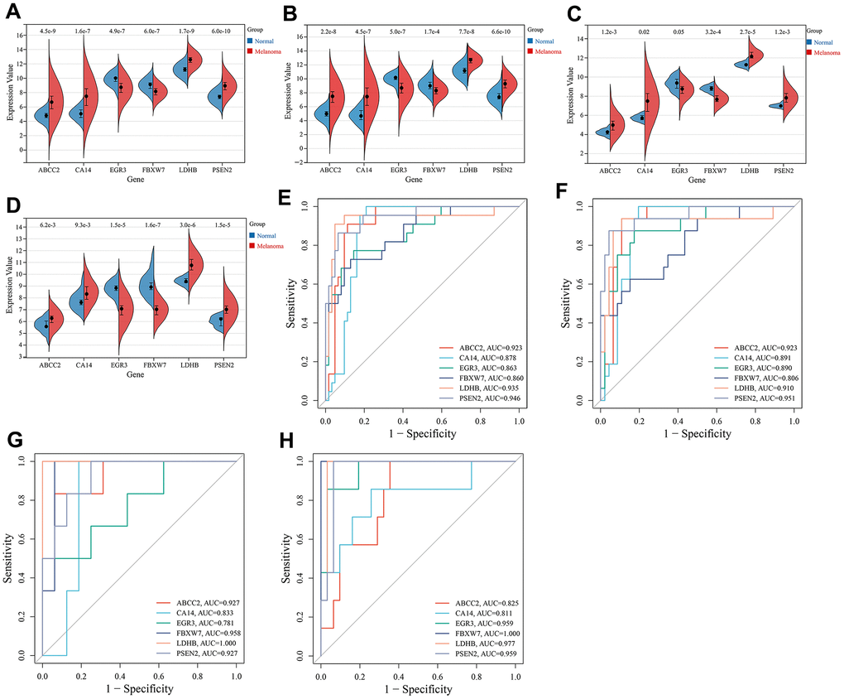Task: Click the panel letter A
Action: pos(15,12)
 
